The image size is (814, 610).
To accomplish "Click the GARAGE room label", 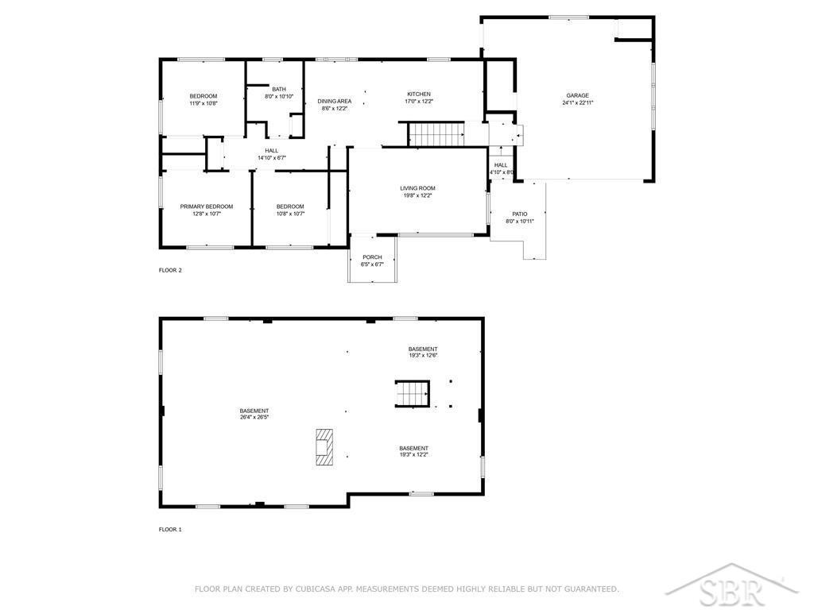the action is pos(577,95).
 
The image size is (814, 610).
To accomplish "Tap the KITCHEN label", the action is pos(418,95).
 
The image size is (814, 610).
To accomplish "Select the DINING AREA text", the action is pos(335,101).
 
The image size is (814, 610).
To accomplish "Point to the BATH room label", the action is pos(279,89).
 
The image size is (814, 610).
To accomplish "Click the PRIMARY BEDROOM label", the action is pos(207,207).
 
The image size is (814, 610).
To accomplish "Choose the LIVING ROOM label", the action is pos(417,188).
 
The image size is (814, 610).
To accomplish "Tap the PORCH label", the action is pos(372,257).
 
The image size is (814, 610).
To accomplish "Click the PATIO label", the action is pos(520,214).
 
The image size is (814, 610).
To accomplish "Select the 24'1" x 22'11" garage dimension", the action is pos(577,102).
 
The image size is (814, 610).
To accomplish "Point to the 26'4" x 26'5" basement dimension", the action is pos(254,417).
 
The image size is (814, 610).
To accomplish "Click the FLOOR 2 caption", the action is pos(170,270).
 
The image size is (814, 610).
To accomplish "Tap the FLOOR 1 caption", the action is pos(170,530).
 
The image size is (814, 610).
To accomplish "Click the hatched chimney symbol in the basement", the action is pos(324,447).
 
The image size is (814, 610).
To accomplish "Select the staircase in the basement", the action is pos(413,394).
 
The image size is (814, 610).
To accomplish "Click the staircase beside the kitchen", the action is pos(436,133).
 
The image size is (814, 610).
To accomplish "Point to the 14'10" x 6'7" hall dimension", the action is pos(272,158).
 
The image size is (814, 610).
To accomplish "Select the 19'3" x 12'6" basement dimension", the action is pos(423,356).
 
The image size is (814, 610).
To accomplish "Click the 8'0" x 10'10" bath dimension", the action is pos(279,96).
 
